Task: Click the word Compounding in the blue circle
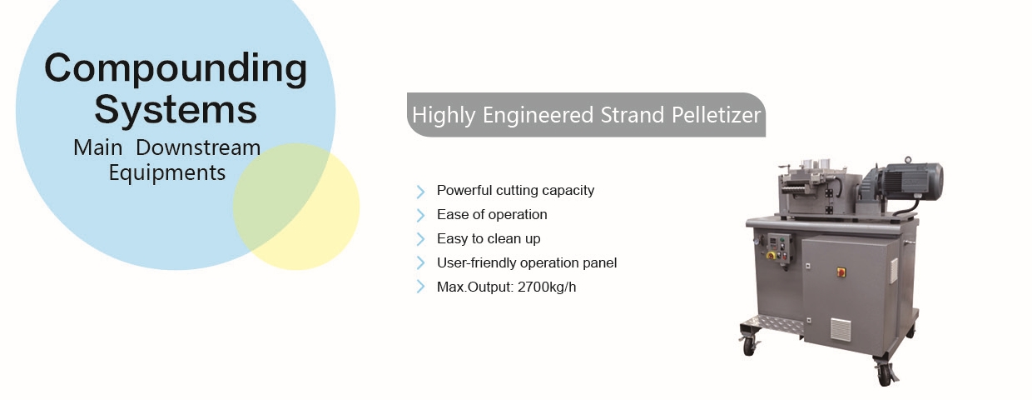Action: coord(176,68)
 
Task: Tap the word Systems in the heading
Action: coord(176,110)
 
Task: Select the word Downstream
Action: coord(198,147)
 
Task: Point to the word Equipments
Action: coord(167,173)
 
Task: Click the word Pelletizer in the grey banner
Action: coord(716,115)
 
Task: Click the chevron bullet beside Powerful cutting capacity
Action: coord(420,192)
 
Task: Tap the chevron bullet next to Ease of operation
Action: coord(420,216)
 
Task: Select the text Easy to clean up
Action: coord(489,239)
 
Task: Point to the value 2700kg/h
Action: coord(547,287)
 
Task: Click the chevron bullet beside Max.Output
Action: coord(420,287)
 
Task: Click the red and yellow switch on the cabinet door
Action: coord(841,272)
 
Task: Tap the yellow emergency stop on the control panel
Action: coord(771,255)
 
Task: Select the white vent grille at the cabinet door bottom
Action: coord(841,330)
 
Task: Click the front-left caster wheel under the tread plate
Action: coord(750,346)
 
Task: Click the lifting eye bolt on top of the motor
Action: coord(908,160)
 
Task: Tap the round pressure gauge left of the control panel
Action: coord(756,241)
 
